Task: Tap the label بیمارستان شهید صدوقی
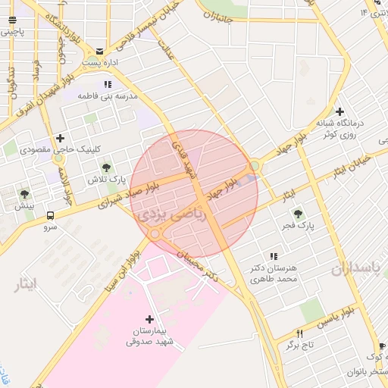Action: [x=149, y=337]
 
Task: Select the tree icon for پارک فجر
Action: [x=297, y=214]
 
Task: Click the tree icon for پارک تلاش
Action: [x=106, y=166]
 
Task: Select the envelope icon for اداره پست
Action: [x=100, y=48]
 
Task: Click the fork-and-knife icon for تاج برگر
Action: [x=300, y=333]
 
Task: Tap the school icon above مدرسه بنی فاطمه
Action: [x=108, y=84]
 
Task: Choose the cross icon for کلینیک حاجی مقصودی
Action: [x=59, y=138]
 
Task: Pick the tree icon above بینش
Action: [x=24, y=194]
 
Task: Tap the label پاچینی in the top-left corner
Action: [x=13, y=32]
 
